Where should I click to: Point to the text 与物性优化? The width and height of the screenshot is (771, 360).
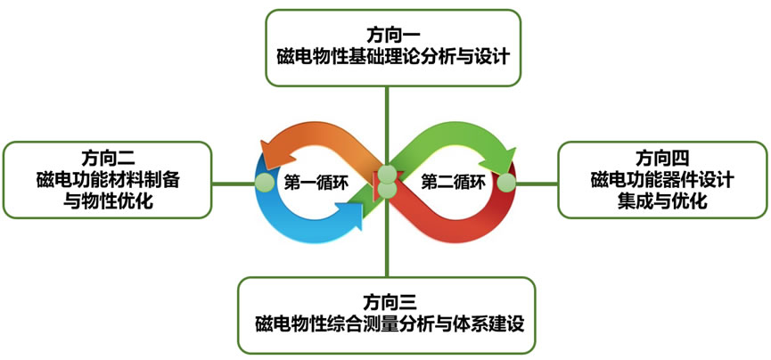pyautogui.click(x=110, y=200)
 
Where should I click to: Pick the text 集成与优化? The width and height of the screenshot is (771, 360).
pyautogui.click(x=662, y=201)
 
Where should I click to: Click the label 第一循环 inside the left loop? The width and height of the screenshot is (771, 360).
pyautogui.click(x=315, y=183)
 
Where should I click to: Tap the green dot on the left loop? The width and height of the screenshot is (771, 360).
pyautogui.click(x=264, y=182)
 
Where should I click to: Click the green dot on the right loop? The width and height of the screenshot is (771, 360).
pyautogui.click(x=507, y=183)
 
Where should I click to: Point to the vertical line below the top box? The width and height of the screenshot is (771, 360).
pyautogui.click(x=386, y=116)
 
